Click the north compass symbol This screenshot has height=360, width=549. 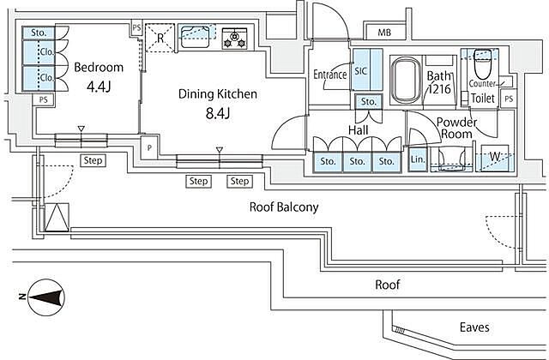click(45, 297)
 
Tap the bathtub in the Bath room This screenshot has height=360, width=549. click(406, 80)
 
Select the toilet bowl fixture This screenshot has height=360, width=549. click(483, 64)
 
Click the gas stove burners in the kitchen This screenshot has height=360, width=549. click(234, 39)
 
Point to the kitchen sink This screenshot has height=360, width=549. click(195, 36)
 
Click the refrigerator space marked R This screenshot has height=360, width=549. click(160, 38)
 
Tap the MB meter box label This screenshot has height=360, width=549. click(384, 33)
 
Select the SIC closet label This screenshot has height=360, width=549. click(360, 71)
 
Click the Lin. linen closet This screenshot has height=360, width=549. click(418, 159)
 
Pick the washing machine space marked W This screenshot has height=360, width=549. click(495, 158)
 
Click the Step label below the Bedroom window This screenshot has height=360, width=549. click(93, 160)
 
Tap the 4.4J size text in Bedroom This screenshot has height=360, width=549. click(99, 87)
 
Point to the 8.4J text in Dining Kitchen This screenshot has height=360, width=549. click(217, 114)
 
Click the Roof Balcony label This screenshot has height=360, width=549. click(284, 207)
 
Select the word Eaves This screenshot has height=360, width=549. click(474, 327)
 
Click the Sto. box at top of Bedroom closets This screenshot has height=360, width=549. click(39, 33)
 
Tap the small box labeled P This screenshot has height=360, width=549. click(149, 147)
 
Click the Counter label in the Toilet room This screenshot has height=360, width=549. click(482, 84)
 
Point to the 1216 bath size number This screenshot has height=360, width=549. click(439, 89)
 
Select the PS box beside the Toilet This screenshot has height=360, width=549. click(509, 99)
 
